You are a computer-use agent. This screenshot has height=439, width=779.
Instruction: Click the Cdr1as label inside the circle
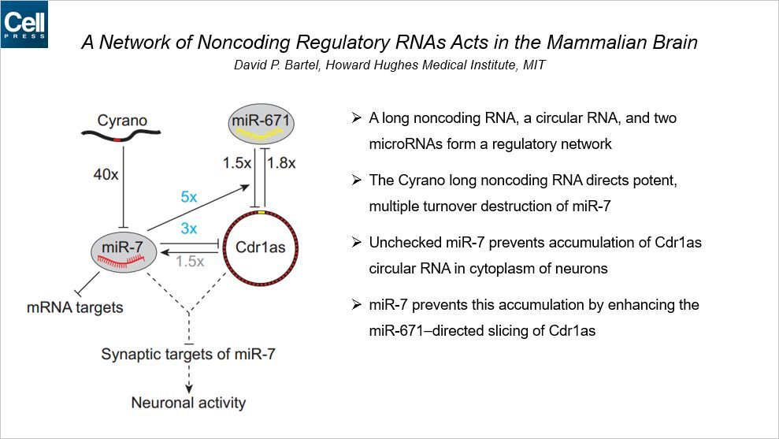point(259,247)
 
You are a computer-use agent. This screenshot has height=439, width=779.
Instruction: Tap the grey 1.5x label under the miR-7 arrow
point(190,262)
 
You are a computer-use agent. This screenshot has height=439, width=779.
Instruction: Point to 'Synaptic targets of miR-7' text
point(188,355)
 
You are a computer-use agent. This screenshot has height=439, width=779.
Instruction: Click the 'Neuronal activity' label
point(188,403)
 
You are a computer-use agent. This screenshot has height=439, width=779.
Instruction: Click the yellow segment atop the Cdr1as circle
point(260,214)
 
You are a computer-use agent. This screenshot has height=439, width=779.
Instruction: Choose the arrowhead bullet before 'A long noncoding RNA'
point(356,118)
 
